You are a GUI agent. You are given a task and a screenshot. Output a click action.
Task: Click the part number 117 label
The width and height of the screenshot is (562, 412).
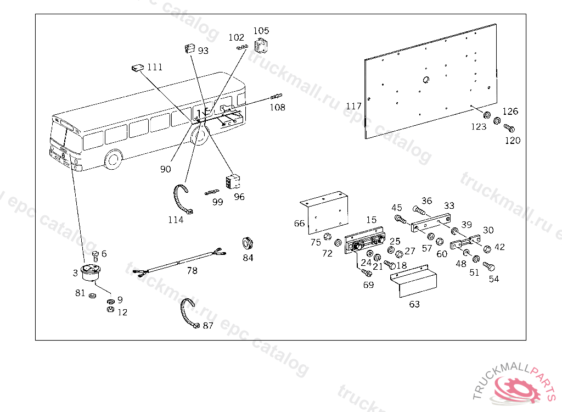(x=354, y=105)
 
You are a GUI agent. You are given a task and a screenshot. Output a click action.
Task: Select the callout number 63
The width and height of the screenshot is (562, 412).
(x=414, y=304)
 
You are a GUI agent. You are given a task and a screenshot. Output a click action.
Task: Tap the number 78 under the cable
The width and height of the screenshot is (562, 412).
(x=192, y=271)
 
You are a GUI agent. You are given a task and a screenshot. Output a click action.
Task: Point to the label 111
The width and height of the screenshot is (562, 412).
(x=155, y=67)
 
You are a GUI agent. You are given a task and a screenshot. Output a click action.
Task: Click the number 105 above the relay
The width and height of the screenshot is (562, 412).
(x=261, y=31)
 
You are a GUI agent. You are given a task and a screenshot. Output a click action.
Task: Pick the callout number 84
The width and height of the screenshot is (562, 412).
(x=248, y=258)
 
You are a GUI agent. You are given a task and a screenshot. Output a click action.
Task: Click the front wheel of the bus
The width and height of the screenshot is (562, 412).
(x=114, y=159)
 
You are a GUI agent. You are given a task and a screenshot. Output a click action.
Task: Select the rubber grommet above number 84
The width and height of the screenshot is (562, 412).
(x=249, y=242)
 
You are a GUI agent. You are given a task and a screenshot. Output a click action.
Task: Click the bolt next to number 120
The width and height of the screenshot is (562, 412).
(x=509, y=129)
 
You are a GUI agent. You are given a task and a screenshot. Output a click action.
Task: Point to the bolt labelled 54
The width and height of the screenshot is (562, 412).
(x=489, y=268)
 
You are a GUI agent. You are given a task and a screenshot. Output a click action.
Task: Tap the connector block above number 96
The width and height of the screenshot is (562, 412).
(x=232, y=180)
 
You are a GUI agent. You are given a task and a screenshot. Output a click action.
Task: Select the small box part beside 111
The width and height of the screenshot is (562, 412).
(x=137, y=68)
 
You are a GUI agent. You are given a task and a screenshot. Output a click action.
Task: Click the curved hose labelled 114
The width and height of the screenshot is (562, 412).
(x=181, y=199)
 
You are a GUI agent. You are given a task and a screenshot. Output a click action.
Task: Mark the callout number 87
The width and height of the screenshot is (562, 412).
(x=208, y=326)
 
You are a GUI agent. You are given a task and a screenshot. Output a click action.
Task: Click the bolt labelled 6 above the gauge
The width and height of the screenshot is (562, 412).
(x=95, y=255)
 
